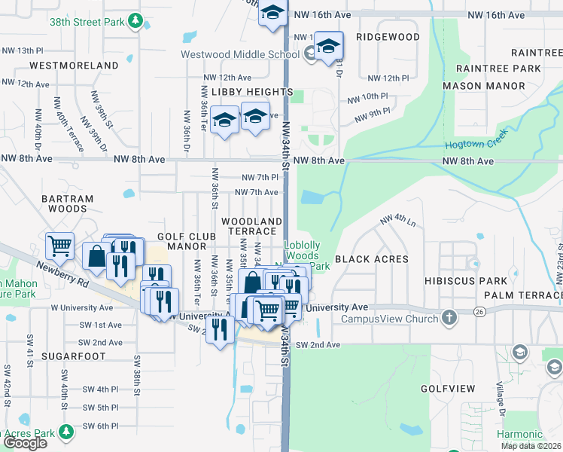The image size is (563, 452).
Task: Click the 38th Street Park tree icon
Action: coord(135,21)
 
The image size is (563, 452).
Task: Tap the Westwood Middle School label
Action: coord(240,54)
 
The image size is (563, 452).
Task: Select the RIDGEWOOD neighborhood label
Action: coord(388,37)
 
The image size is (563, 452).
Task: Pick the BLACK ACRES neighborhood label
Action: coord(371,259)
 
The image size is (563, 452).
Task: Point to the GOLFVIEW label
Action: coord(448,389)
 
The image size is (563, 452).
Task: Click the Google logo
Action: coord(25,443)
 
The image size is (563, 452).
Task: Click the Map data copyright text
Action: coord(531,446)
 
